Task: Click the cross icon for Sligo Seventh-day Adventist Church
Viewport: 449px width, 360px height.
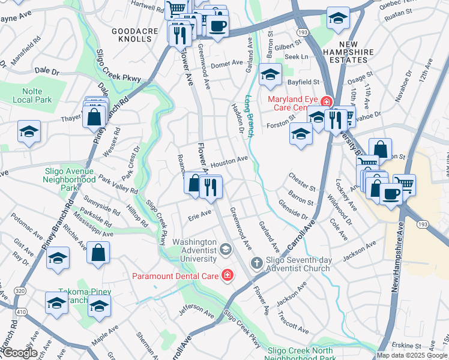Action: click(x=256, y=263)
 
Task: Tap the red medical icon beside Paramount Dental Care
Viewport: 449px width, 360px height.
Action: click(x=228, y=275)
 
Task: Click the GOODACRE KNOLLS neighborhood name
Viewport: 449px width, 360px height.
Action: click(x=131, y=34)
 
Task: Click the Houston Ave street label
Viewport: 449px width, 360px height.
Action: click(x=229, y=161)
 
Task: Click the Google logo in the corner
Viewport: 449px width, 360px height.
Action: click(x=19, y=353)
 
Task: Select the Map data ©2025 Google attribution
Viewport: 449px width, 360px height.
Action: click(x=412, y=355)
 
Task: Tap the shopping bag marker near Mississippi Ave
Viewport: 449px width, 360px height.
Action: click(x=98, y=253)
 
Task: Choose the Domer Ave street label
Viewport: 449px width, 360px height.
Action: click(x=226, y=63)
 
